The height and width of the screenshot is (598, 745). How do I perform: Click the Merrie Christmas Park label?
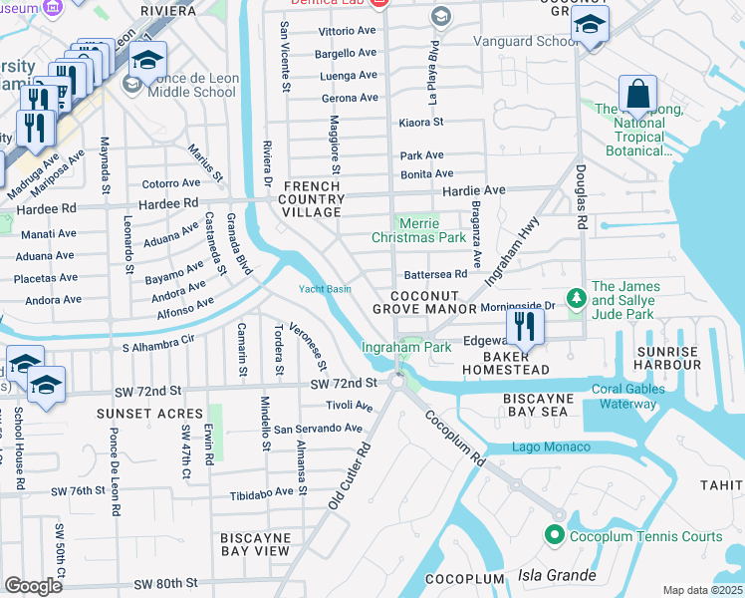point(418,230)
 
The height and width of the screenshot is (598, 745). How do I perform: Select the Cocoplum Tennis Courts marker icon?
point(556,536)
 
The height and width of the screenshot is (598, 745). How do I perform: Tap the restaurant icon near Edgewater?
point(524,326)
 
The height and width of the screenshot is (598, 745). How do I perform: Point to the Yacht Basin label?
point(325,290)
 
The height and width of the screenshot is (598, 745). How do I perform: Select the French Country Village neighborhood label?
point(314,200)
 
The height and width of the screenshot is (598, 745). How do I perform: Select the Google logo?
point(33,585)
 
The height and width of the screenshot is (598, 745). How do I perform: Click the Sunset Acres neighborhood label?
point(135,413)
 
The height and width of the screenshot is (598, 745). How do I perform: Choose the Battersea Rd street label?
point(435,274)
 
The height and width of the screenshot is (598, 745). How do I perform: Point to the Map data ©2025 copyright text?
point(703,590)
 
